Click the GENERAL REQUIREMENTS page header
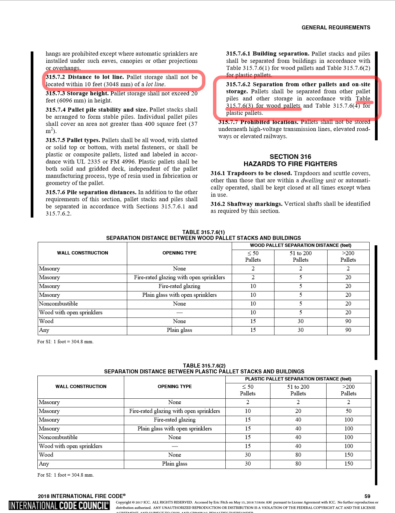coord(336,28)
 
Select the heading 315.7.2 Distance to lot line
coord(85,77)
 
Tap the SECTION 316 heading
coord(290,157)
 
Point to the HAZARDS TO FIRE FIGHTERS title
coord(290,164)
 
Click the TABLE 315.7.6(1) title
coord(203,232)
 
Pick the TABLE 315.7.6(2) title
coord(204,366)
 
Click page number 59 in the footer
coord(367,496)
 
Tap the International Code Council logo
coord(59,505)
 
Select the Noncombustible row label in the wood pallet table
coord(58,304)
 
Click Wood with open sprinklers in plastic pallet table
coord(71,446)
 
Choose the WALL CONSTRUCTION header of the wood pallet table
coord(82,253)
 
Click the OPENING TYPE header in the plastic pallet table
coord(175,386)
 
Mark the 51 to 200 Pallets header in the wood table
coord(301,257)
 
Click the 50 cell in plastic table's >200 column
coord(348,411)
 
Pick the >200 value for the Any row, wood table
coord(348,330)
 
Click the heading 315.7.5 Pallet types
coord(73,140)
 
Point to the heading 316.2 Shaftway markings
coord(246,204)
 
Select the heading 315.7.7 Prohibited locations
coord(258,122)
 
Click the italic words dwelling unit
coord(319,180)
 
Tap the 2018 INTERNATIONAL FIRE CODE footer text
coord(82,496)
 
